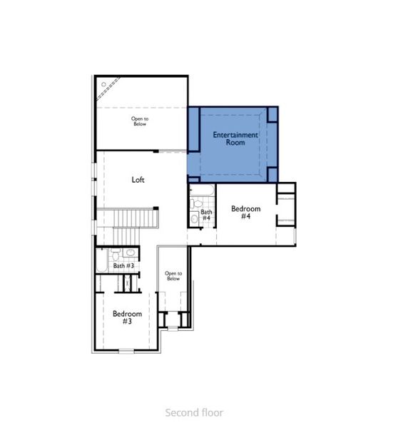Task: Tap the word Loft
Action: (x=138, y=180)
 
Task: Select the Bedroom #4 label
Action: (x=245, y=213)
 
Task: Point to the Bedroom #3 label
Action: (x=127, y=317)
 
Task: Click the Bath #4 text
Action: (x=206, y=215)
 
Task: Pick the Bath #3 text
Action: (x=124, y=266)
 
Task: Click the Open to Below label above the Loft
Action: (x=140, y=121)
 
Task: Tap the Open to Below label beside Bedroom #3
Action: (x=173, y=276)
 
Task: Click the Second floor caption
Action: (x=194, y=412)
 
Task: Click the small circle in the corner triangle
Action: (x=104, y=85)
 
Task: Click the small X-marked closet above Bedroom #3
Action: (x=128, y=282)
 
